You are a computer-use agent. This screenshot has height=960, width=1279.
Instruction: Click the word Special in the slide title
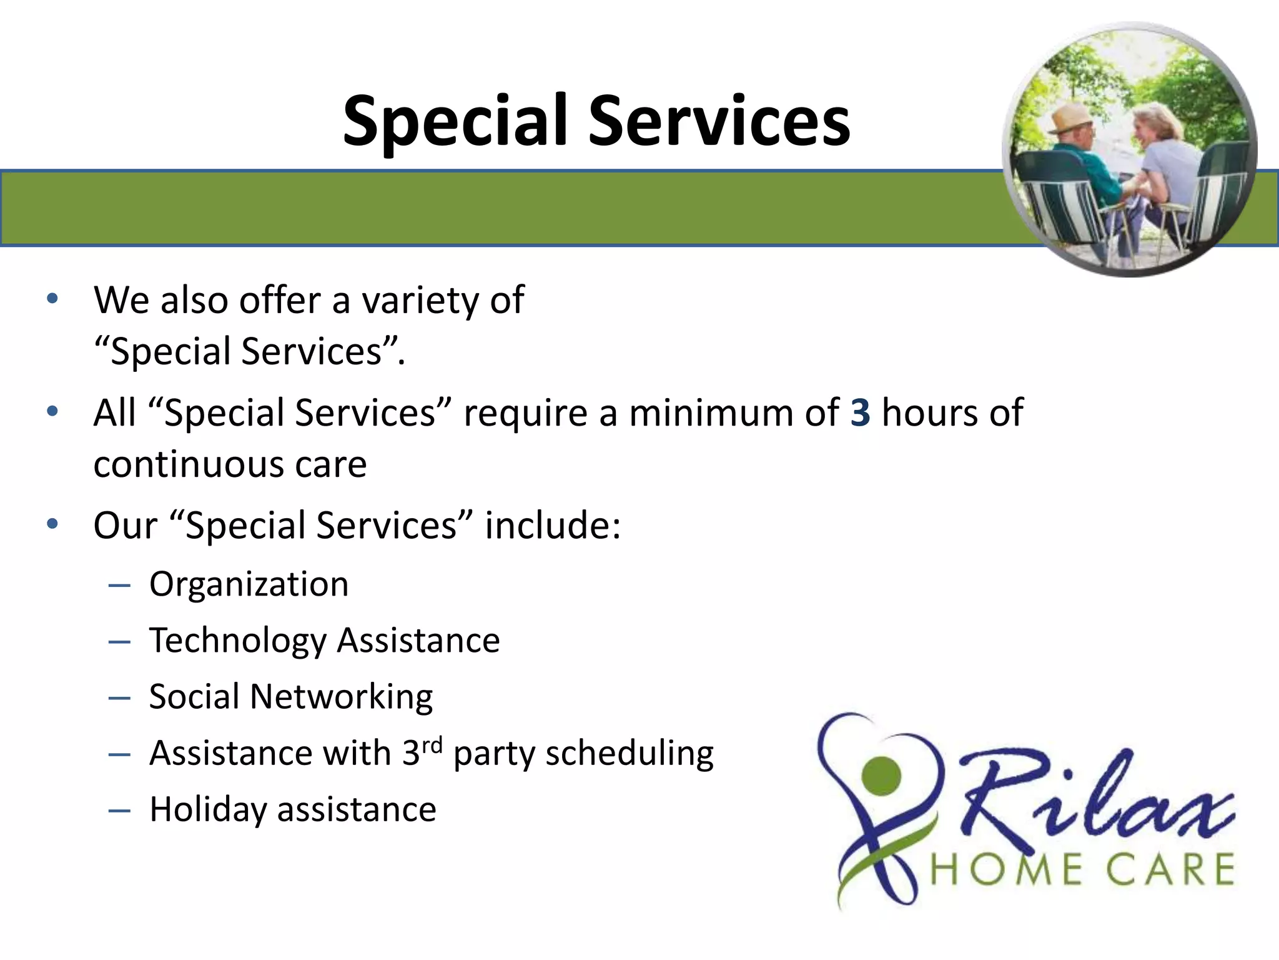(455, 122)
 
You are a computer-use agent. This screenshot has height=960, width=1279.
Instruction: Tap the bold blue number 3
(860, 413)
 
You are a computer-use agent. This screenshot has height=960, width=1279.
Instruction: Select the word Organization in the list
(249, 585)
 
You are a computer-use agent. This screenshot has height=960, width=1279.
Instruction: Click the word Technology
(238, 641)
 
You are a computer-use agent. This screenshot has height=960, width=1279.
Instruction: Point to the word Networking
(341, 697)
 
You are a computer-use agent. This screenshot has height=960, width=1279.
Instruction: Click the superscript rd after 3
(432, 745)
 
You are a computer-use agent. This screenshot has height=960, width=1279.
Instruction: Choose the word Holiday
(208, 810)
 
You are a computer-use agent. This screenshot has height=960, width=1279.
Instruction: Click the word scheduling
(630, 754)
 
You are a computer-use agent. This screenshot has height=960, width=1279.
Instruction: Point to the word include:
(553, 526)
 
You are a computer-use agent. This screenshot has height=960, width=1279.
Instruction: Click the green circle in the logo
(881, 776)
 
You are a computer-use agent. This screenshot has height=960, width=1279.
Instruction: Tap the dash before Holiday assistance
(119, 811)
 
